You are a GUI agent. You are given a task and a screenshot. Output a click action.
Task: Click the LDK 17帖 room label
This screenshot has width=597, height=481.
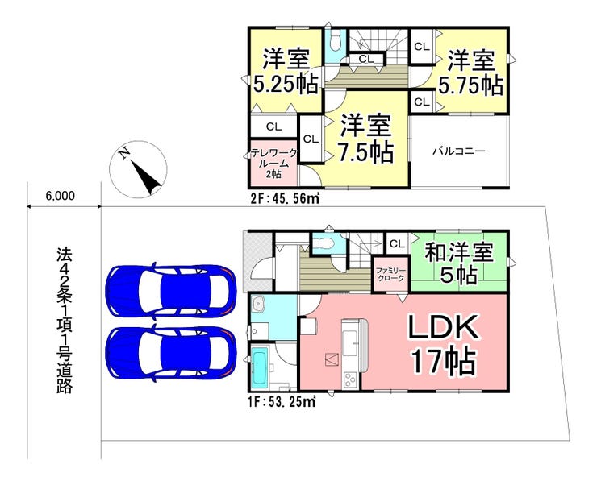pos(443,345)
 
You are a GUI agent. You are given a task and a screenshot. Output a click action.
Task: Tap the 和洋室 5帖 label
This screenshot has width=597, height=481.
pos(459,264)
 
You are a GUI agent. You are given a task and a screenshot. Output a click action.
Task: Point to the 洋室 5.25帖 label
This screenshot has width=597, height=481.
pos(286,71)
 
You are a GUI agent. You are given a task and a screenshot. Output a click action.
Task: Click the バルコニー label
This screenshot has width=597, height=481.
pos(459,151)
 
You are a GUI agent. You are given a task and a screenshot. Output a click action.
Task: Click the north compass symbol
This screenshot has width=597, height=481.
pos(138,169)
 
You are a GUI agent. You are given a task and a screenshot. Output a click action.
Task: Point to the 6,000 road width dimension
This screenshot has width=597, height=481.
pos(61,197)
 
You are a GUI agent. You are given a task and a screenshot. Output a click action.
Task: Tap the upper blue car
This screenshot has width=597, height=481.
pos(171,292)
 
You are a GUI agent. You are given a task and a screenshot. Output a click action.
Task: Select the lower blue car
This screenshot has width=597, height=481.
pos(171,354)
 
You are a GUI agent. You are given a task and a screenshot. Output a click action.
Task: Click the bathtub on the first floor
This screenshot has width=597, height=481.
pos(260,367)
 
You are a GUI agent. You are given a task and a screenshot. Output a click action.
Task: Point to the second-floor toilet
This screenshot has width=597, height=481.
pos(336,41)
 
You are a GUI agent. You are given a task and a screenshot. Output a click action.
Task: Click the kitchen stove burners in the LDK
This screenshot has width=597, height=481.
pos(350,379)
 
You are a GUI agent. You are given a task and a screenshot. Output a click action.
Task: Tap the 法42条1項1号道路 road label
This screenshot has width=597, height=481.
pos(65,320)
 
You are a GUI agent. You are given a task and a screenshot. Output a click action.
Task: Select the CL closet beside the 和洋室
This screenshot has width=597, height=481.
pos(398,243)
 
